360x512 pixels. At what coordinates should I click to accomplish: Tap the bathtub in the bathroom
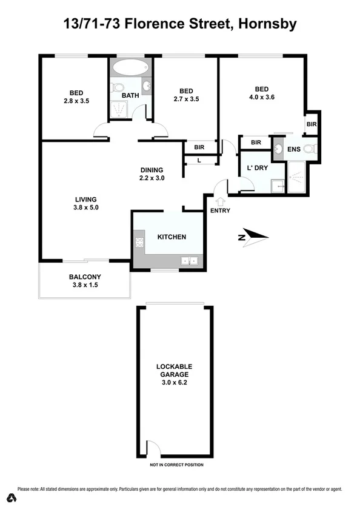(130, 67)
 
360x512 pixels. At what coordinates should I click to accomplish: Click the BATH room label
(130, 95)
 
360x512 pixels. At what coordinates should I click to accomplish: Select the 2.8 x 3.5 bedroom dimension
(76, 101)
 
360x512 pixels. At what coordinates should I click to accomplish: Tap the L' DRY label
(258, 167)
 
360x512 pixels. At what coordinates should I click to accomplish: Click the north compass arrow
(253, 237)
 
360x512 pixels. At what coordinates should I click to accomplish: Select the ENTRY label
(219, 211)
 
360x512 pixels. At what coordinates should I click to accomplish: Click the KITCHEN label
(172, 237)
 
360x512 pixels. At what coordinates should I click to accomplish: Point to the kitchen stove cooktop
(139, 244)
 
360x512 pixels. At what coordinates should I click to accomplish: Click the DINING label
(152, 170)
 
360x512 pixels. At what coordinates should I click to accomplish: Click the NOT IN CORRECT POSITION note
(177, 465)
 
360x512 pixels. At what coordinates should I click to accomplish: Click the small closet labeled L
(199, 160)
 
